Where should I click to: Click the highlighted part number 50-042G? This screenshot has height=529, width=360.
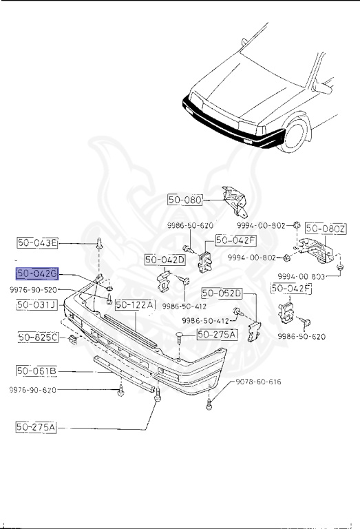pos(38,273)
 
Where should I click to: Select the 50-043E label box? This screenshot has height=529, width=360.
pos(38,242)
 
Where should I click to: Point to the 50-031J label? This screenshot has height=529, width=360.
pos(37,304)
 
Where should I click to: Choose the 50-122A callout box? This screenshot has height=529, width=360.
pos(136,304)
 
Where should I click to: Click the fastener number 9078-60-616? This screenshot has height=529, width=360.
pos(259,381)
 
